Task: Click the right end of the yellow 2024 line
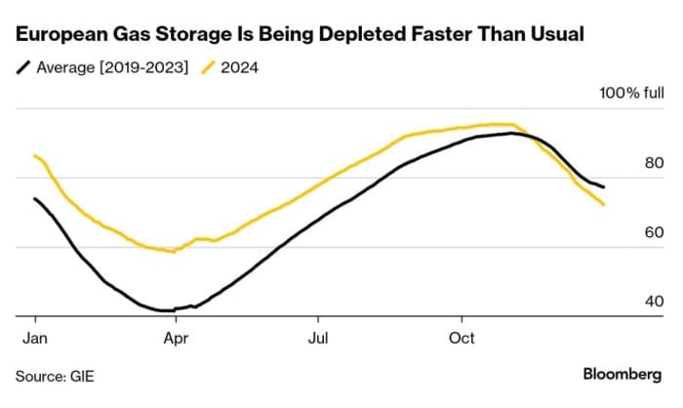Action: (x=604, y=204)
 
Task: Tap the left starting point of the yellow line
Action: (x=35, y=155)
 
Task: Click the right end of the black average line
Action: (x=604, y=186)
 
